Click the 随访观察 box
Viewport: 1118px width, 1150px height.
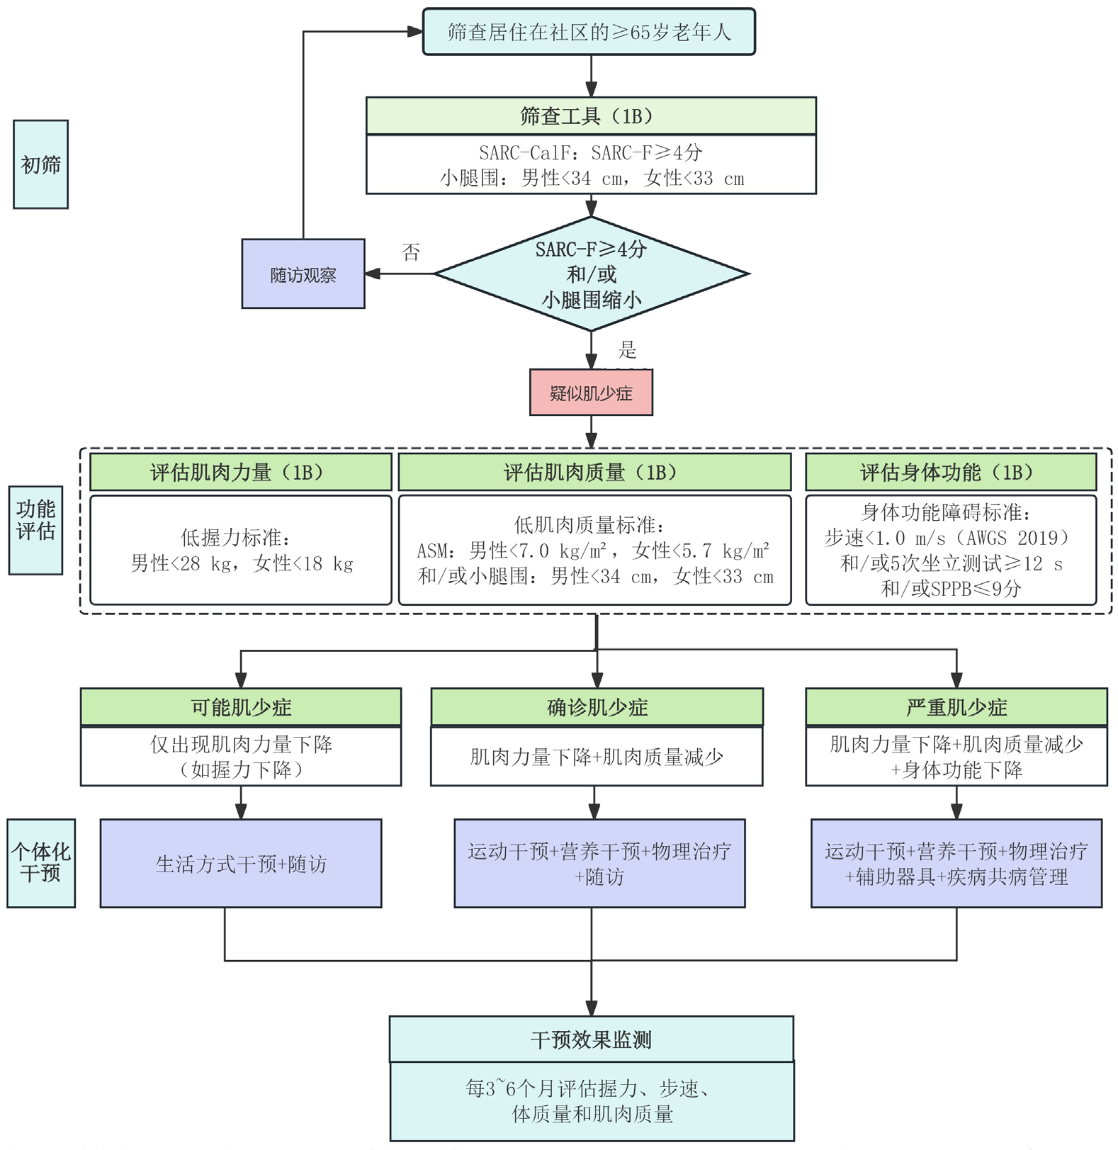point(303,274)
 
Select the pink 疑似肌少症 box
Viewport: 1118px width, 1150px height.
point(591,393)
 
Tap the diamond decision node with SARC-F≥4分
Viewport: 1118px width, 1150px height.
point(591,274)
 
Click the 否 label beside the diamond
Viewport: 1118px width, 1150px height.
point(411,252)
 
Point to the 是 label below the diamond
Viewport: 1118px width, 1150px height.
point(627,349)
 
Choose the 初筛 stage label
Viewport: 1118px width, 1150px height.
point(40,164)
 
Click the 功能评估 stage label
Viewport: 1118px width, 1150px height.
point(35,520)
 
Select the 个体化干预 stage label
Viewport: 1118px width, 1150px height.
point(41,862)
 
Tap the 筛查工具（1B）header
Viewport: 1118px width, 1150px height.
point(590,116)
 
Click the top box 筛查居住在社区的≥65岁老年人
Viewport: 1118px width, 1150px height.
point(589,32)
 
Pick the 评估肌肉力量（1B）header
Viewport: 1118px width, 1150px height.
point(241,472)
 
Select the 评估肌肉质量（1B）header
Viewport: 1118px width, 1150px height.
point(594,472)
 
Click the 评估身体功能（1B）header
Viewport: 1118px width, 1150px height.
point(951,472)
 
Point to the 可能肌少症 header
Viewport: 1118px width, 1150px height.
point(241,706)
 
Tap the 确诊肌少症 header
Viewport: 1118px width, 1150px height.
point(597,706)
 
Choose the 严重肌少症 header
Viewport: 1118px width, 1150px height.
point(956,706)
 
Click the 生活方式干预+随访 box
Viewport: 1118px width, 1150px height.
point(241,864)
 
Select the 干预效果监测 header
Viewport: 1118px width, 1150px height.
point(591,1039)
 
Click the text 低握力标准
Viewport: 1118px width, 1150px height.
point(235,538)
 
